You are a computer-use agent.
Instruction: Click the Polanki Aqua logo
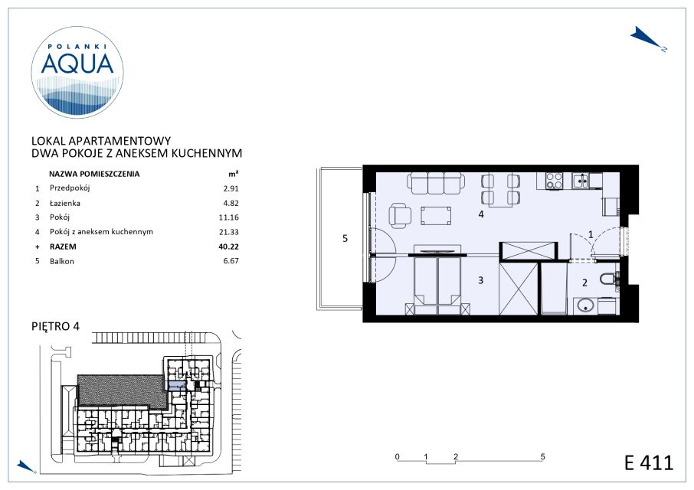click(77, 72)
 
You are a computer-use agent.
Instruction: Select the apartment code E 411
click(648, 463)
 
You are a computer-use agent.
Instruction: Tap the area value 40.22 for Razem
click(228, 247)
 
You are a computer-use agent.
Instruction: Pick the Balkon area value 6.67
click(231, 261)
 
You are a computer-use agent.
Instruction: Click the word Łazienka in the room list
click(64, 203)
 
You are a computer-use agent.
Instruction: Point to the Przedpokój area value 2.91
click(231, 188)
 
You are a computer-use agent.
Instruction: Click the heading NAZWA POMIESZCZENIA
click(93, 175)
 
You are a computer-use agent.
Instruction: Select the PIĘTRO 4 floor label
click(56, 326)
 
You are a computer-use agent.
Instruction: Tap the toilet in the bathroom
click(610, 279)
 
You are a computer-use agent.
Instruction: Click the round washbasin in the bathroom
click(585, 305)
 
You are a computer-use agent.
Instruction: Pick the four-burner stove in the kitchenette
click(554, 181)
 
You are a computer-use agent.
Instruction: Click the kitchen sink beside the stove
click(581, 181)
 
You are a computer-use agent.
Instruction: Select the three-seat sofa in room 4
click(437, 183)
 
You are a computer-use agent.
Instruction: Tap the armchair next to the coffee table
click(400, 216)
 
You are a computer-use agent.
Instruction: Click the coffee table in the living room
click(436, 216)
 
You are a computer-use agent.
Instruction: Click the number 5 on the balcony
click(345, 239)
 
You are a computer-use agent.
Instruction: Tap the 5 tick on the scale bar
click(543, 457)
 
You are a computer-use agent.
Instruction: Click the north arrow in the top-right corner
click(648, 39)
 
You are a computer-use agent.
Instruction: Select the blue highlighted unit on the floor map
click(177, 385)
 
